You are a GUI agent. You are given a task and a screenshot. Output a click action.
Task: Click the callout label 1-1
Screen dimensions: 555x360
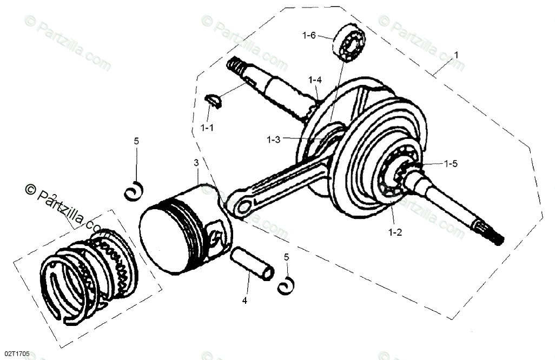(x=207, y=129)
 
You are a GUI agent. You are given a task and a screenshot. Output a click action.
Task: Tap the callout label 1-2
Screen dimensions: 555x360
(x=394, y=233)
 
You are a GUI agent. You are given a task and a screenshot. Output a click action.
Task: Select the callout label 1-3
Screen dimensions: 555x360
(x=273, y=139)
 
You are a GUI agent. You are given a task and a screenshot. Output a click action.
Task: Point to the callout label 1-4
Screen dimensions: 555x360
(x=315, y=80)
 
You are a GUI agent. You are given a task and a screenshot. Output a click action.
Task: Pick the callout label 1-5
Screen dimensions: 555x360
(x=451, y=163)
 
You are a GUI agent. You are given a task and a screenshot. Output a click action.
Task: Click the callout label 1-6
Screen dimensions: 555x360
(x=309, y=36)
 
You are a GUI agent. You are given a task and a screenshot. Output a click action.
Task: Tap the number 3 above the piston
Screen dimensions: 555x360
(x=196, y=163)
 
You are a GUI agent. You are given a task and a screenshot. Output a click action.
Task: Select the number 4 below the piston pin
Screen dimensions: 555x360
(x=245, y=301)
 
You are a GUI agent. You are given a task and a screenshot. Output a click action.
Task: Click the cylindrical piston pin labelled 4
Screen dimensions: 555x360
(x=251, y=264)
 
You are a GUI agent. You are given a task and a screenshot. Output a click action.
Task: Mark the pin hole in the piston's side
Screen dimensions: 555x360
(x=217, y=237)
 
